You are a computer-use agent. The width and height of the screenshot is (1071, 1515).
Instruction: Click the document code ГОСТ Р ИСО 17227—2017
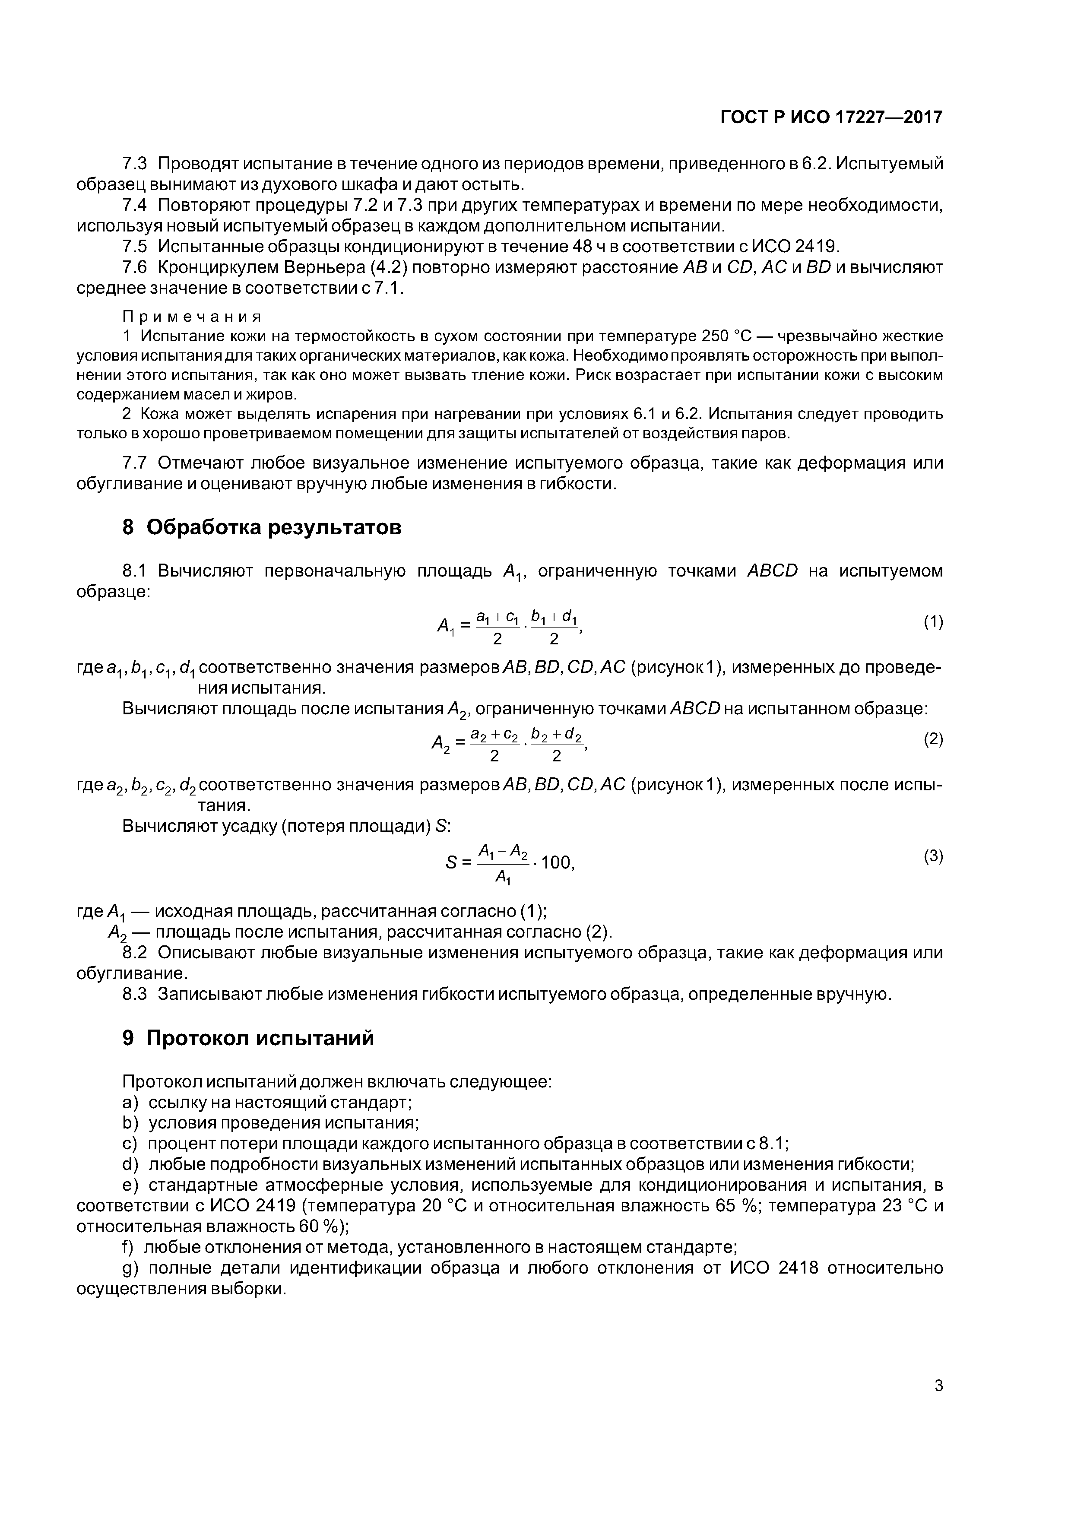(x=831, y=117)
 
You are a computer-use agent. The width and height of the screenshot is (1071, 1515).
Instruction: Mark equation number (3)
(x=933, y=856)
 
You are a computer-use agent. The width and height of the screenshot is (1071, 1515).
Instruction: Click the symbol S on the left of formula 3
(x=451, y=862)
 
